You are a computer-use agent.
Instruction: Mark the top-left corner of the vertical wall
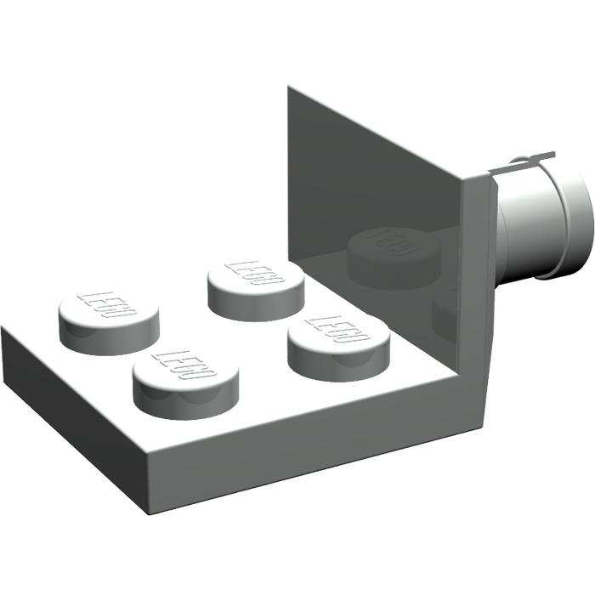289,87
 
